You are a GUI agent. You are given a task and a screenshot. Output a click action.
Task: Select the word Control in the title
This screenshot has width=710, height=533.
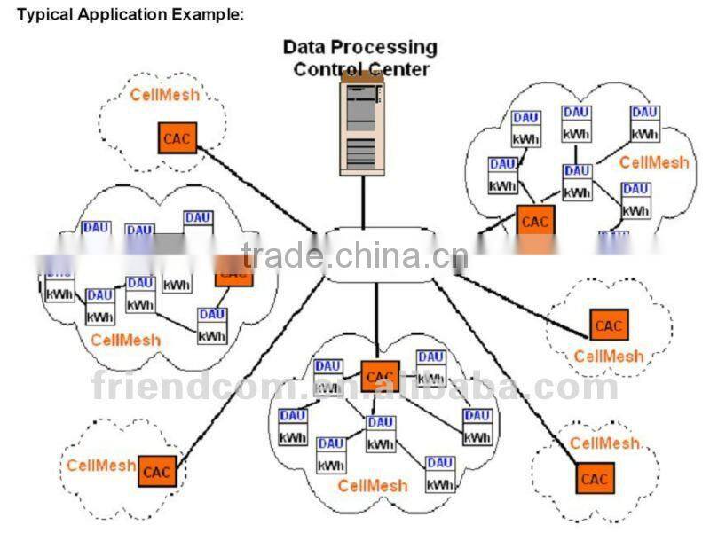pyautogui.click(x=328, y=68)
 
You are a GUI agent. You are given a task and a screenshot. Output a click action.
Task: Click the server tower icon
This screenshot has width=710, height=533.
pyautogui.click(x=362, y=129)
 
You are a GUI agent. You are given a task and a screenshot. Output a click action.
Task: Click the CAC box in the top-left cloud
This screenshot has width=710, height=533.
pyautogui.click(x=177, y=138)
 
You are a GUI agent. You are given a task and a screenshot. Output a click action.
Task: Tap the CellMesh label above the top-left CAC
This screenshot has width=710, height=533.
pyautogui.click(x=165, y=95)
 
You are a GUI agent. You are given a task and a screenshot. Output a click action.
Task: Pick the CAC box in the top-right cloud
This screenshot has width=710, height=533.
pyautogui.click(x=534, y=222)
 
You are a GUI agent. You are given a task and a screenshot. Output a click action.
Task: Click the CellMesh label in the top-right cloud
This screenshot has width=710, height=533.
pyautogui.click(x=654, y=162)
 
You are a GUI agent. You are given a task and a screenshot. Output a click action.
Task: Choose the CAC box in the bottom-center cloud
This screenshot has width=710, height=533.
pyautogui.click(x=380, y=376)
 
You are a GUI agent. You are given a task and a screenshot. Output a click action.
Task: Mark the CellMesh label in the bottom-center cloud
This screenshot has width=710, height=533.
pyautogui.click(x=372, y=485)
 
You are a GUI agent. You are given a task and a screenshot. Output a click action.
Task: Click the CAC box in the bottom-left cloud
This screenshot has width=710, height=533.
pyautogui.click(x=157, y=471)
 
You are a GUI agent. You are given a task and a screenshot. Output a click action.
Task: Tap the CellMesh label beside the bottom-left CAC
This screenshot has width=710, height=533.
pyautogui.click(x=101, y=465)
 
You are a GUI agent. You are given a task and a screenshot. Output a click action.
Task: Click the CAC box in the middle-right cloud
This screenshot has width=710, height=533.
pyautogui.click(x=608, y=325)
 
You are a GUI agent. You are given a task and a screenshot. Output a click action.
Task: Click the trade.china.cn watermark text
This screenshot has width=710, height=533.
pyautogui.click(x=354, y=257)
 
